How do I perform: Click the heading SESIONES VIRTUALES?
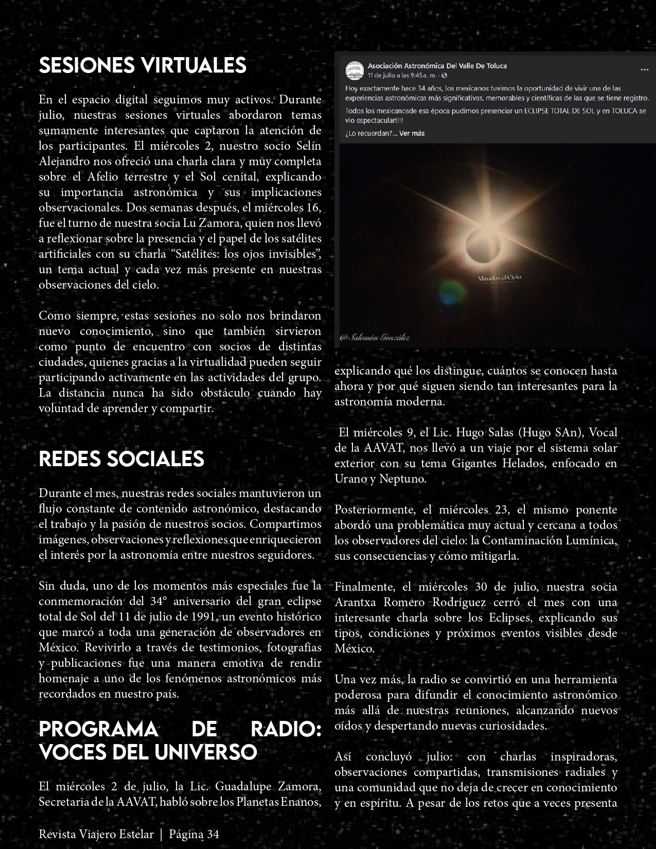click(143, 65)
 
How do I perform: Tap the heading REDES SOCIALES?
click(121, 458)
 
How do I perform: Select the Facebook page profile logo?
click(354, 70)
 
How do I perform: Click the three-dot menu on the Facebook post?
click(644, 69)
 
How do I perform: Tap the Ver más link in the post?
click(412, 133)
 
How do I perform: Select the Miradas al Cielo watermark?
click(500, 278)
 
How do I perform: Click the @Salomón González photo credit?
click(375, 338)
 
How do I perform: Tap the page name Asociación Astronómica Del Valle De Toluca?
click(437, 66)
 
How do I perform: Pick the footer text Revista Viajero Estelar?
click(96, 834)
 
